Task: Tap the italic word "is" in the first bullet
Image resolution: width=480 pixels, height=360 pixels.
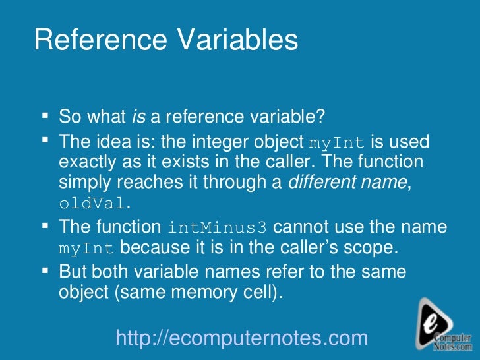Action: tap(138, 117)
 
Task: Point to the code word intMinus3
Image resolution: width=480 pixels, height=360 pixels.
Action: tap(218, 228)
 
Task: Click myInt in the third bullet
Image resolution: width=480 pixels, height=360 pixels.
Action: tap(87, 249)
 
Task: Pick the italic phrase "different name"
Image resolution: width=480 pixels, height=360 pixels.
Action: tap(349, 183)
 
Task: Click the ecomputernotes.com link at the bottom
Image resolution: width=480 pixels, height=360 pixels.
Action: tap(241, 338)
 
